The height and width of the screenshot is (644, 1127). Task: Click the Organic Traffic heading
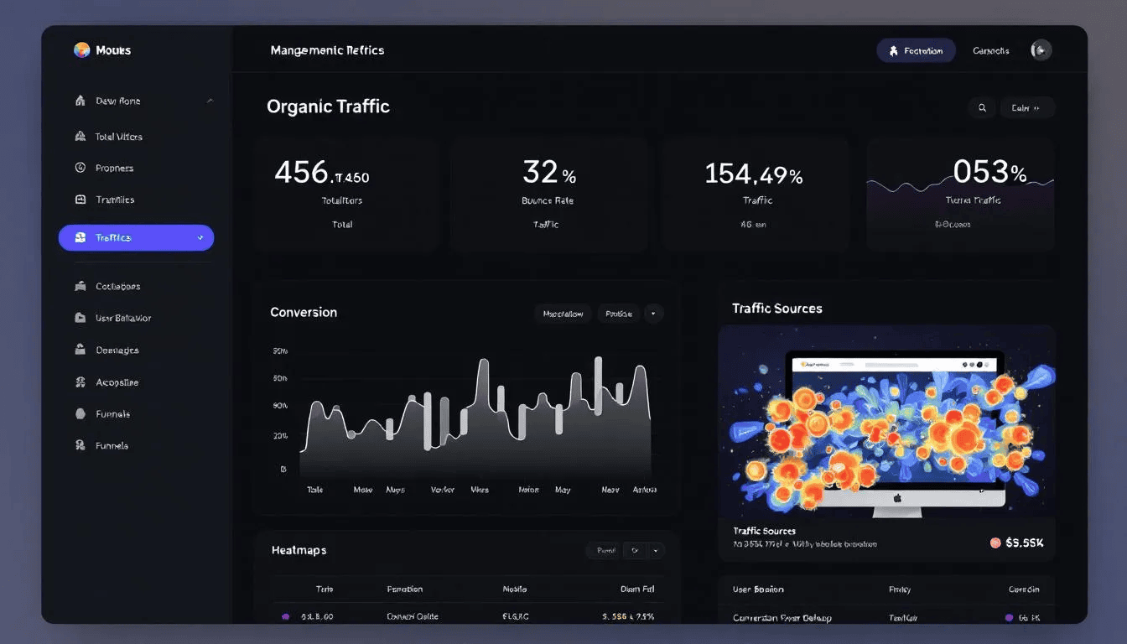tap(328, 106)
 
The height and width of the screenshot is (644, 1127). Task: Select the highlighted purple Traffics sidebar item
tap(136, 238)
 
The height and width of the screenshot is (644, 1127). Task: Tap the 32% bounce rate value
tap(548, 173)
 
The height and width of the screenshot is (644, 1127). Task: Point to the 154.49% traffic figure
tap(753, 174)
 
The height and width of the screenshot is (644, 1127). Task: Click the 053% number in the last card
tap(989, 173)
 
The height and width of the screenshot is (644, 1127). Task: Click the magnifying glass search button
tap(982, 107)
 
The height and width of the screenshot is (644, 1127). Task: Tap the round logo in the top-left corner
tap(81, 50)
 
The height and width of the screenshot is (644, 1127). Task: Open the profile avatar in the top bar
tap(1041, 50)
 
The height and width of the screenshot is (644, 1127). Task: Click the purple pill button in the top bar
tap(916, 50)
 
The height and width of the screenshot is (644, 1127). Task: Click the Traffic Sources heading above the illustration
tap(776, 309)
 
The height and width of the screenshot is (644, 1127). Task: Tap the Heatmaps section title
tap(299, 550)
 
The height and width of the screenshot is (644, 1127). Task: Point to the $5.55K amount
tap(1024, 543)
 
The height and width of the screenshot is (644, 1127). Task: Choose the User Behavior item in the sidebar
tap(123, 319)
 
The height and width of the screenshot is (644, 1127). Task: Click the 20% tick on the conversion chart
tap(280, 436)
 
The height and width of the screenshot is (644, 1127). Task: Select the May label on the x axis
tap(562, 490)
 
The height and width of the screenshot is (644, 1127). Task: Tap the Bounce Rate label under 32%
tap(548, 201)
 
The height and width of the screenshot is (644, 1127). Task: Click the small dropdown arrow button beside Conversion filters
tap(654, 314)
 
